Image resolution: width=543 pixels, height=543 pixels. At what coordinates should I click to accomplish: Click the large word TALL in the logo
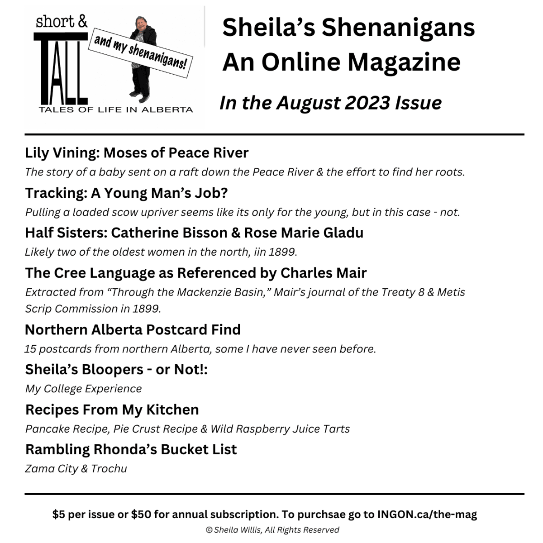point(60,68)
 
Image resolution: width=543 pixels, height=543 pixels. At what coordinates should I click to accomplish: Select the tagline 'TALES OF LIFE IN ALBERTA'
point(116,110)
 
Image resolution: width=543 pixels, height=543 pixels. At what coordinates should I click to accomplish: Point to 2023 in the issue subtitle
point(367,103)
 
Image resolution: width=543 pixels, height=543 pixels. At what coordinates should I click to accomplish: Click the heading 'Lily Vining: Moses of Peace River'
point(137,153)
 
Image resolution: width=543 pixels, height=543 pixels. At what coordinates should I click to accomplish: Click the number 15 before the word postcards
point(30,349)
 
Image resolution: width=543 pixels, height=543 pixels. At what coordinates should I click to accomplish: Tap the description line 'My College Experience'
point(83,389)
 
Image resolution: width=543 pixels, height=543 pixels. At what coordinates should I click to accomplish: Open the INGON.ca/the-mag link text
point(427,514)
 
